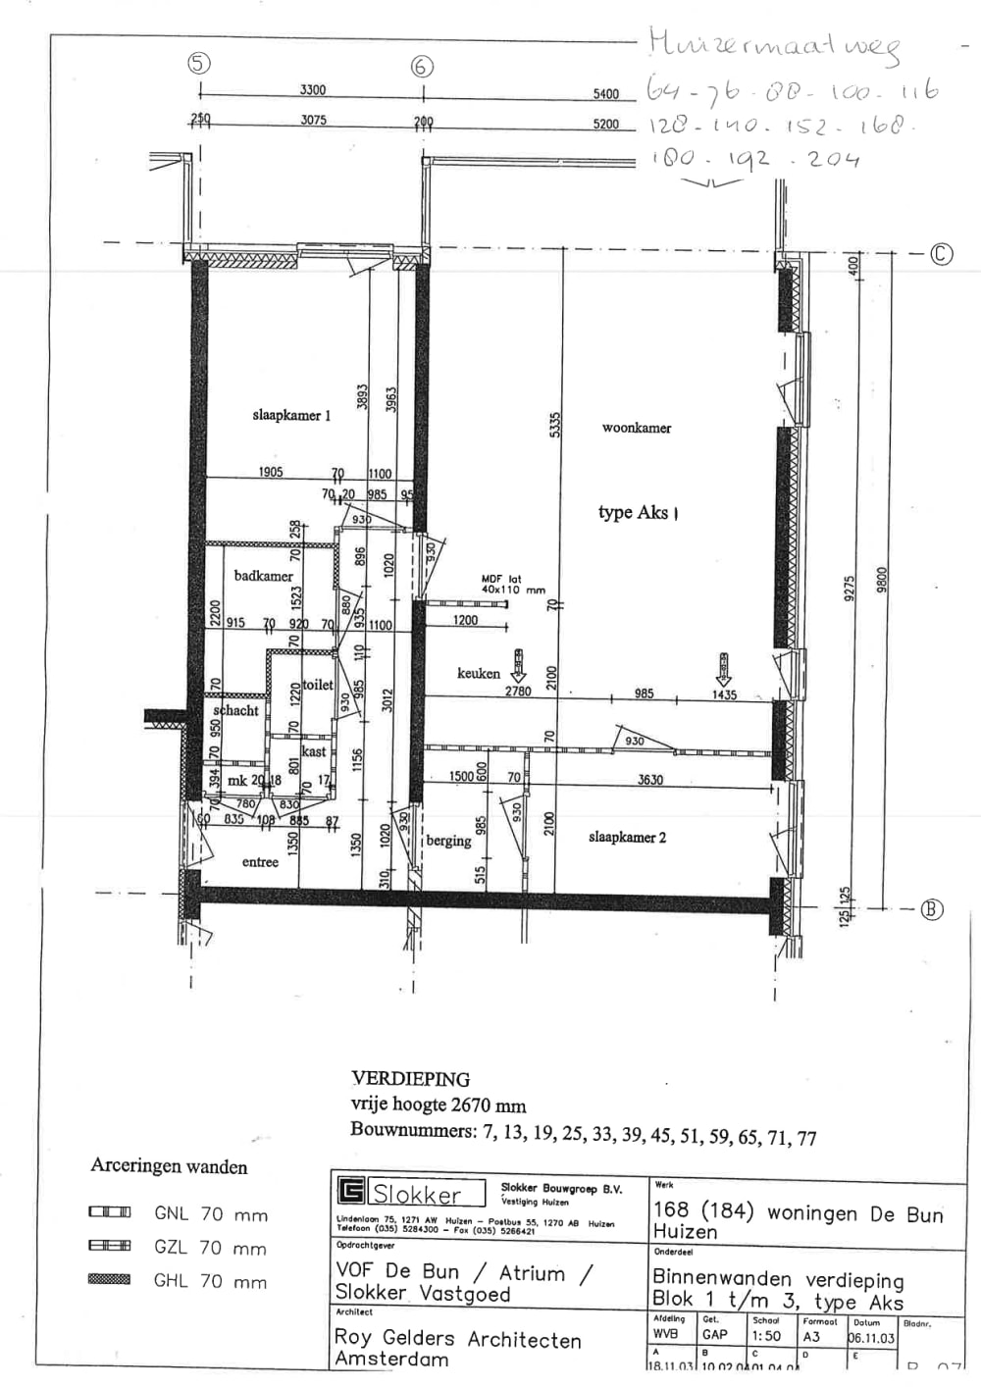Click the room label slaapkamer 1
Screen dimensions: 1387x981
291,415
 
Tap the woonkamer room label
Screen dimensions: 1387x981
637,428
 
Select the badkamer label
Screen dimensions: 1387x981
263,576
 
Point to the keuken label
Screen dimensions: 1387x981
479,673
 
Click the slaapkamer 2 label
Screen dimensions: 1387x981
627,837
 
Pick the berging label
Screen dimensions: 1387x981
448,841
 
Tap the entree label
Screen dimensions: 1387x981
260,862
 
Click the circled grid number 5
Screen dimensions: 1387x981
199,64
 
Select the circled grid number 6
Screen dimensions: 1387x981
422,66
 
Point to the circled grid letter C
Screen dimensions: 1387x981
941,254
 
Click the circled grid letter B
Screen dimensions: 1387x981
931,909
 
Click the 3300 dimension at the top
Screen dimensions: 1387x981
313,89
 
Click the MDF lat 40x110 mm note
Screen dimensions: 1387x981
512,585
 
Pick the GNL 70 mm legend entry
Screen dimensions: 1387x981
210,1214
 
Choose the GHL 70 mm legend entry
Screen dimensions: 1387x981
210,1281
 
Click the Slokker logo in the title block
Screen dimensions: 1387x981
412,1193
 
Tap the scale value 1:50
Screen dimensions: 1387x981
766,1335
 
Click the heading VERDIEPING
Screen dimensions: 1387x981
410,1079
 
